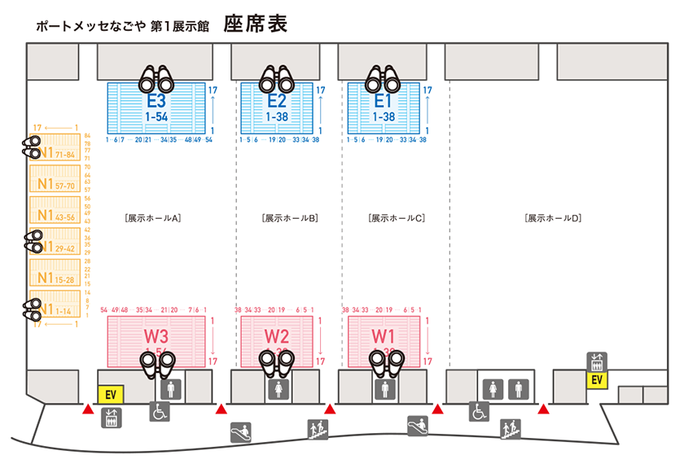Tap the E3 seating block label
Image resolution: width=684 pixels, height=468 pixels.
pos(156,102)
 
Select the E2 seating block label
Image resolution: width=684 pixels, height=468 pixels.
pos(277,102)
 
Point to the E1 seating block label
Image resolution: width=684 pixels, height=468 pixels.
pos(384,102)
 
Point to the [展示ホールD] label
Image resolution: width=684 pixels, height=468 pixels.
pos(553,218)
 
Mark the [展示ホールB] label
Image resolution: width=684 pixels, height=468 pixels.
pos(290,218)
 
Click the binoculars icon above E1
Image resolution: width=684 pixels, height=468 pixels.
pos(383,80)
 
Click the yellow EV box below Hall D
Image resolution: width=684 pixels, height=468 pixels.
pos(597,379)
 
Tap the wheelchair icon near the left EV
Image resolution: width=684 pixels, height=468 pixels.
pos(159,412)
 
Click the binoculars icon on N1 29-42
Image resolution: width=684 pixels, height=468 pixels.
pos(33,241)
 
